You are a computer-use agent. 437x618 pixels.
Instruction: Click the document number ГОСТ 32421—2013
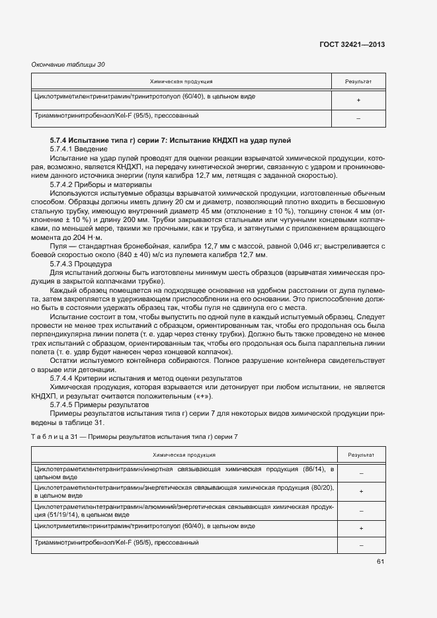click(x=352, y=45)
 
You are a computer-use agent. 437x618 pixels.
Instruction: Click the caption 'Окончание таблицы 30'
click(x=68, y=65)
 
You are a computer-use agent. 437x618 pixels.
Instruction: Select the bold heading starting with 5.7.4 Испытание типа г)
click(x=170, y=141)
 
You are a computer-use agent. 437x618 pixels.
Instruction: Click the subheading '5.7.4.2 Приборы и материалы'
click(x=97, y=185)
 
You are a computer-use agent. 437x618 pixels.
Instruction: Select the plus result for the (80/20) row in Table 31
click(x=361, y=492)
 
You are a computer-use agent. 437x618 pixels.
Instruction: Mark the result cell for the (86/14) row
click(x=361, y=473)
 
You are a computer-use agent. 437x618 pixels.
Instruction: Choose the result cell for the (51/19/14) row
click(x=361, y=510)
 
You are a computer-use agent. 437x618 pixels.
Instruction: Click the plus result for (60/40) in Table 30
click(x=358, y=100)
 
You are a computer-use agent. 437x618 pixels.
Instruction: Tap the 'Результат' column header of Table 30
click(x=358, y=82)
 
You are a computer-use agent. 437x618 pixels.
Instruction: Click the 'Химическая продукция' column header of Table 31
click(x=183, y=455)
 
